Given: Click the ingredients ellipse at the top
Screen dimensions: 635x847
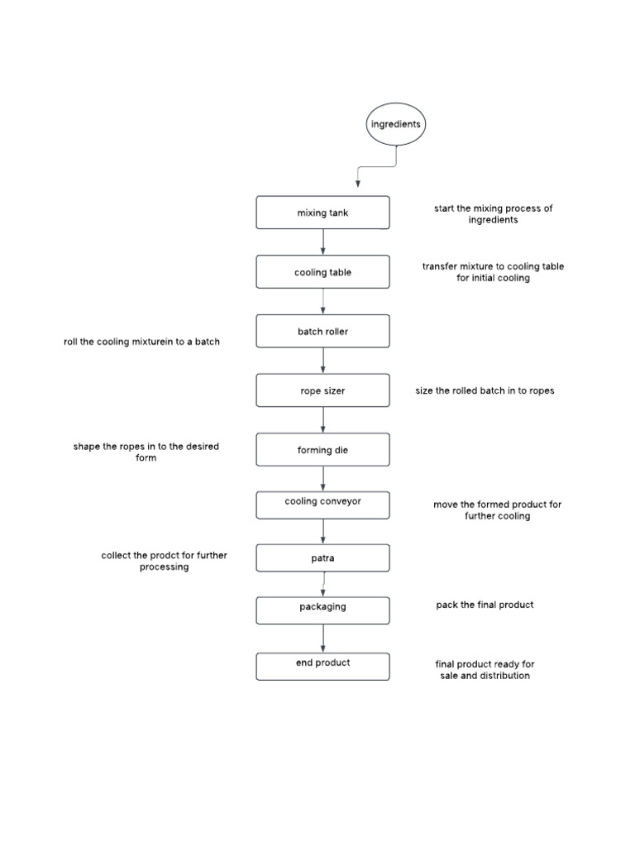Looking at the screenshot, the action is click(396, 124).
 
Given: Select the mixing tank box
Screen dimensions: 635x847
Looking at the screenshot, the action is click(323, 213).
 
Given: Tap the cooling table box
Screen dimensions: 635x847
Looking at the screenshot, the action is click(323, 271).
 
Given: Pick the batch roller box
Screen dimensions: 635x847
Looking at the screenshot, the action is click(323, 331).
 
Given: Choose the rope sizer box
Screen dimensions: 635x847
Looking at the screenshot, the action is click(323, 390).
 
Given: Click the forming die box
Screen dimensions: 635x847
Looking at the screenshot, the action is click(323, 449).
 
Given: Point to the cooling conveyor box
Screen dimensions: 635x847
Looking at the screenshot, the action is click(323, 505).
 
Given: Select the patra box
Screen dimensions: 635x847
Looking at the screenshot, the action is click(323, 558).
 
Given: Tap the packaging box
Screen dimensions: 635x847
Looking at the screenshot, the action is click(323, 610).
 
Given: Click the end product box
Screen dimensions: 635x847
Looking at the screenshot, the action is click(323, 667).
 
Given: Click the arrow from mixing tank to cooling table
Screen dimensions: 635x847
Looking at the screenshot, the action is click(323, 242).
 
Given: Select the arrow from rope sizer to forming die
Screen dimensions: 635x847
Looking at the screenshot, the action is click(323, 419).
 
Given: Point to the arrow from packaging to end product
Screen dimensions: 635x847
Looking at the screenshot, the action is click(323, 639).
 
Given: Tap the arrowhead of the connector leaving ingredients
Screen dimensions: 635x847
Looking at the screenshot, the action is click(357, 184).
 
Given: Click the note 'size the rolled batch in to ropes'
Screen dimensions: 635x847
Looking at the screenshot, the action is click(485, 390).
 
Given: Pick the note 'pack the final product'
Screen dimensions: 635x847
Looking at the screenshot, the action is click(485, 605).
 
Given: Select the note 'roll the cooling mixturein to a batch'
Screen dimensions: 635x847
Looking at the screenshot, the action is click(141, 342).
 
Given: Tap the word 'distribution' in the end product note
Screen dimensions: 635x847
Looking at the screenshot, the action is click(505, 676).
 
